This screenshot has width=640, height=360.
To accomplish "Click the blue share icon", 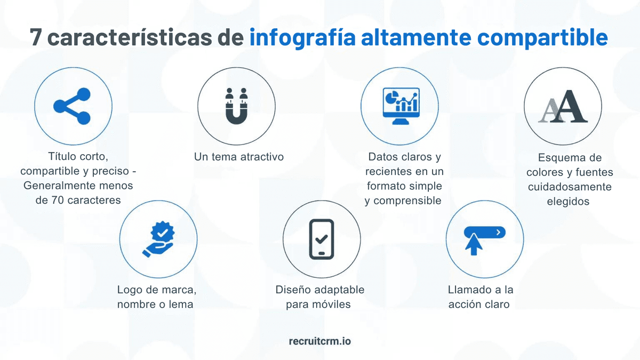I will (73, 107).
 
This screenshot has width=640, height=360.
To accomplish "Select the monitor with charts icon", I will (399, 106).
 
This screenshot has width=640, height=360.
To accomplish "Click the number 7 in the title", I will (36, 38).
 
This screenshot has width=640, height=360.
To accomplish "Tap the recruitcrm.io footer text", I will (319, 340).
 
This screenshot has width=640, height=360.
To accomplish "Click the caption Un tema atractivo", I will (239, 157).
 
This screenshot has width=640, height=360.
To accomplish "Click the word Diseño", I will (293, 290).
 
